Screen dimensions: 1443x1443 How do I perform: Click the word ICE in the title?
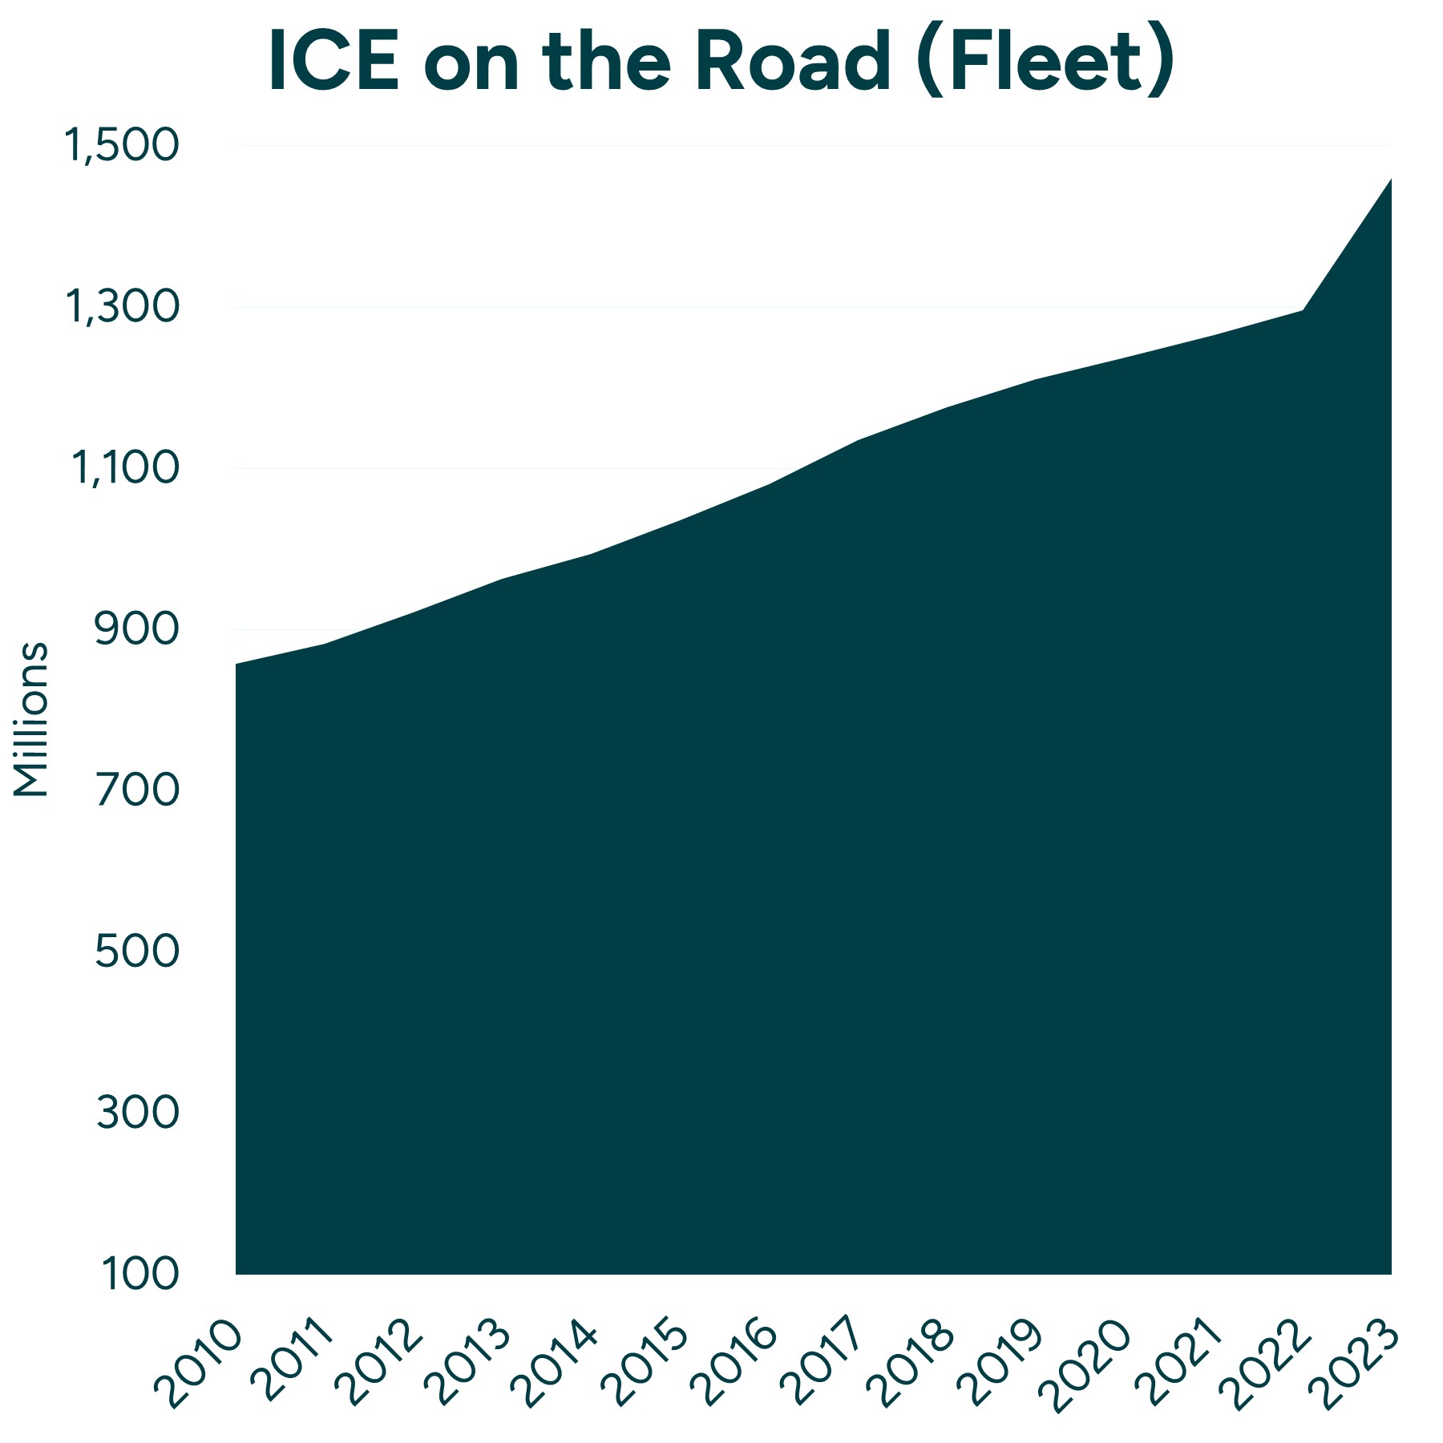pos(333,63)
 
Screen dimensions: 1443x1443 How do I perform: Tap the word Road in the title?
pos(791,63)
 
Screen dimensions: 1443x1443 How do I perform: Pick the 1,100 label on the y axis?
pos(125,468)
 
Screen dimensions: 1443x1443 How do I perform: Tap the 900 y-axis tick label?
pos(136,630)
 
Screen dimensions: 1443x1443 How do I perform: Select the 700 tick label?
pos(136,791)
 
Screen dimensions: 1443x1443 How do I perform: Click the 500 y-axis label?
pos(136,952)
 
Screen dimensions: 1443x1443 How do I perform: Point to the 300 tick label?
pos(136,1114)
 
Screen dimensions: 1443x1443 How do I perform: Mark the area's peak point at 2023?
pos(1391,180)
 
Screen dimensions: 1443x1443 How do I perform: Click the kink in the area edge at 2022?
pos(1303,310)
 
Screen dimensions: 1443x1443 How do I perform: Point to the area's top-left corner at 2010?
pos(236,665)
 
